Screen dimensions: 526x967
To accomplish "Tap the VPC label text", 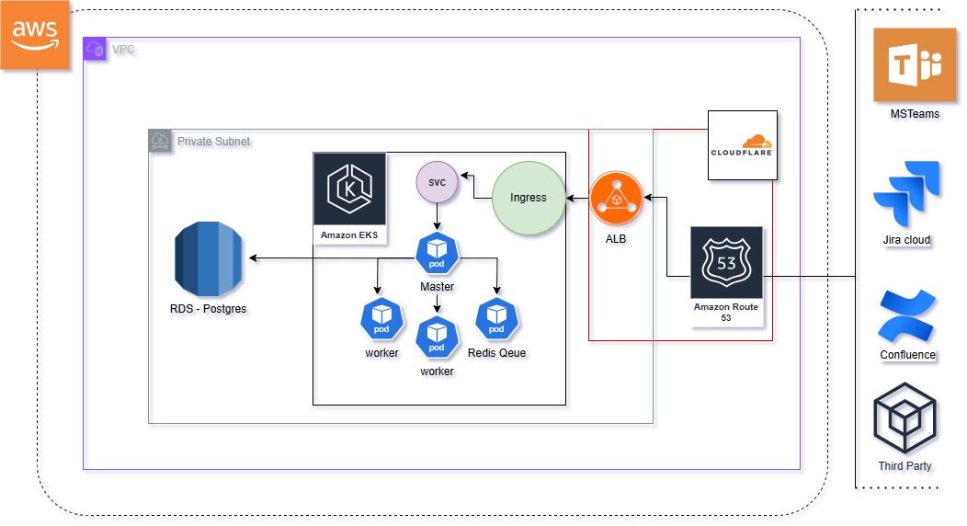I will pyautogui.click(x=123, y=49).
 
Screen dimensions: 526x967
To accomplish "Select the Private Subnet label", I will pyautogui.click(x=213, y=141).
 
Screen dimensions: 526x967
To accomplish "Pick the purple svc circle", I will pyautogui.click(x=438, y=182).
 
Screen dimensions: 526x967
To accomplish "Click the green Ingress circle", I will pyautogui.click(x=528, y=197).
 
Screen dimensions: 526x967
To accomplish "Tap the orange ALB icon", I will pyautogui.click(x=615, y=198).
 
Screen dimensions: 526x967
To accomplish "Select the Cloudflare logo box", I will pyautogui.click(x=743, y=145).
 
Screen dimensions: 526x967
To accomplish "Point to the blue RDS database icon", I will pyautogui.click(x=210, y=260).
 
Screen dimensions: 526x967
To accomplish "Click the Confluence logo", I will pyautogui.click(x=907, y=315).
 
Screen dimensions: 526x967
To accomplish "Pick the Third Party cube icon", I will pyautogui.click(x=904, y=420).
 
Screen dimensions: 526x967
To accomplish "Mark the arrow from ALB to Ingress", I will pyautogui.click(x=578, y=197).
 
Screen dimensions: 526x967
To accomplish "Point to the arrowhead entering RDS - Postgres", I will pyautogui.click(x=254, y=259).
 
